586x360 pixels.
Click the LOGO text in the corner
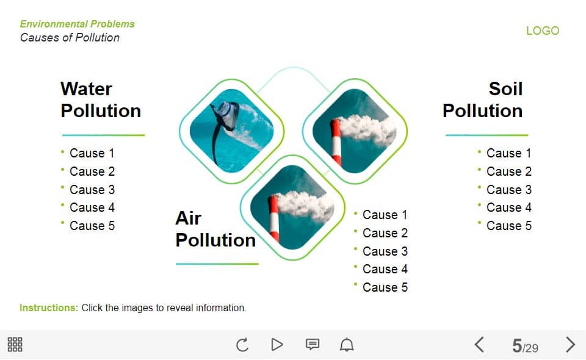pyautogui.click(x=543, y=31)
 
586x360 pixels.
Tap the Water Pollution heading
pyautogui.click(x=101, y=99)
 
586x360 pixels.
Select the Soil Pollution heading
pyautogui.click(x=482, y=99)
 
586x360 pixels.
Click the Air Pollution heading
pyautogui.click(x=215, y=229)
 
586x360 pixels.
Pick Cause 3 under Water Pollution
pyautogui.click(x=92, y=189)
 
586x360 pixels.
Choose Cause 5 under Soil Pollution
pyautogui.click(x=508, y=226)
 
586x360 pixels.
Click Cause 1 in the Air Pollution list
pyautogui.click(x=385, y=215)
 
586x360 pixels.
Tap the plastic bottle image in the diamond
pyautogui.click(x=232, y=131)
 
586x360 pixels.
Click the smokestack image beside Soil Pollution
pyautogui.click(x=354, y=131)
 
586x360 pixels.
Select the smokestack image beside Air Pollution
pyautogui.click(x=292, y=207)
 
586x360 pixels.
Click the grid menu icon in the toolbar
pyautogui.click(x=15, y=344)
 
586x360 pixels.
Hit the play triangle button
pyautogui.click(x=277, y=344)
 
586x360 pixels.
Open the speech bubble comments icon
pyautogui.click(x=313, y=344)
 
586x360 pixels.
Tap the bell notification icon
pyautogui.click(x=347, y=344)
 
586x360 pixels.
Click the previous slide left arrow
pyautogui.click(x=479, y=345)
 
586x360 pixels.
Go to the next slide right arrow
pyautogui.click(x=570, y=345)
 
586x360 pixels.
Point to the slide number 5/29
pyautogui.click(x=525, y=346)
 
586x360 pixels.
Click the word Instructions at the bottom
pyautogui.click(x=49, y=308)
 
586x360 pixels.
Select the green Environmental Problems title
pyautogui.click(x=78, y=24)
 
